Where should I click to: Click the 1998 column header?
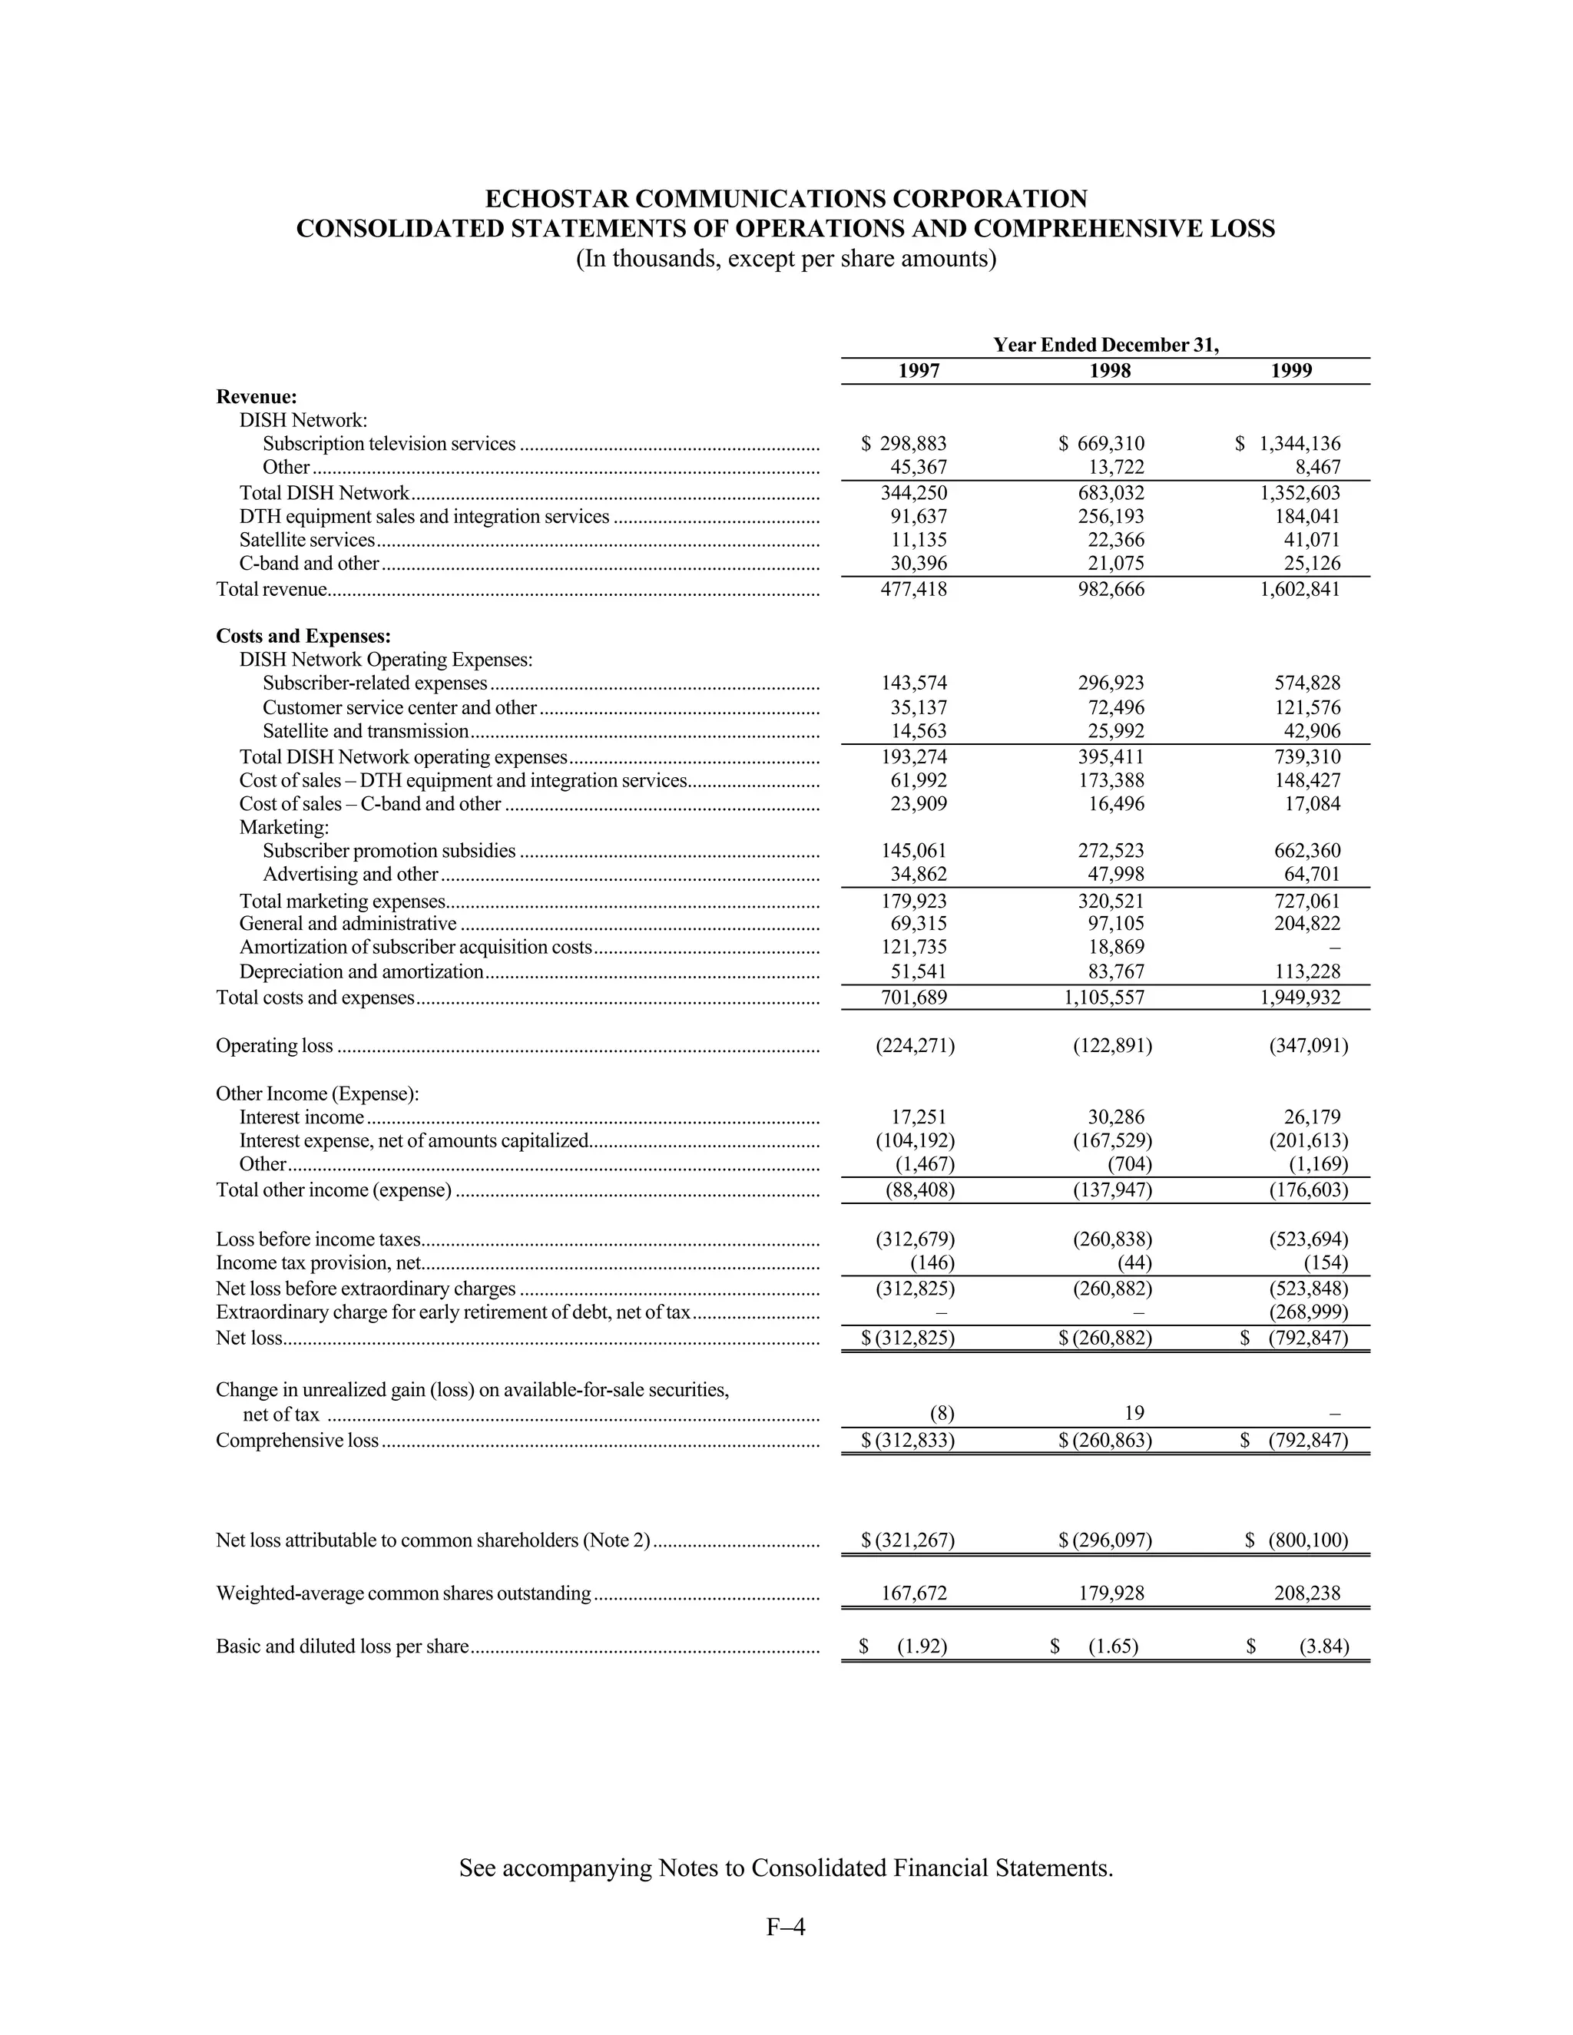click(1110, 371)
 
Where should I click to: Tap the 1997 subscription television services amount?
click(904, 444)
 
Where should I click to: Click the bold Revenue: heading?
click(257, 396)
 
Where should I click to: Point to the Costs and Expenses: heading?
click(303, 636)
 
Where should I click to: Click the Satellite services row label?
click(306, 540)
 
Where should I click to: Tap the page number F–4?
click(786, 1926)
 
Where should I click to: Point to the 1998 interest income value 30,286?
click(1115, 1117)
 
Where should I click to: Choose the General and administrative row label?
click(348, 923)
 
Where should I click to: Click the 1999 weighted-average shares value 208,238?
click(1306, 1593)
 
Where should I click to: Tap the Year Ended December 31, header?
click(1105, 345)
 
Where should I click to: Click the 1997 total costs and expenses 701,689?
click(913, 997)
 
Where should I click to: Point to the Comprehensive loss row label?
click(297, 1440)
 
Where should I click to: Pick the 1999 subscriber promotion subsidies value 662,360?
click(1306, 850)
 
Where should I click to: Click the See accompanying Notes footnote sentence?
click(786, 1868)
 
